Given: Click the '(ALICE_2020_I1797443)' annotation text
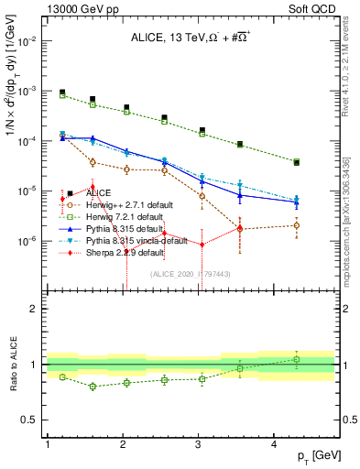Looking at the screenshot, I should point(190,274).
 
